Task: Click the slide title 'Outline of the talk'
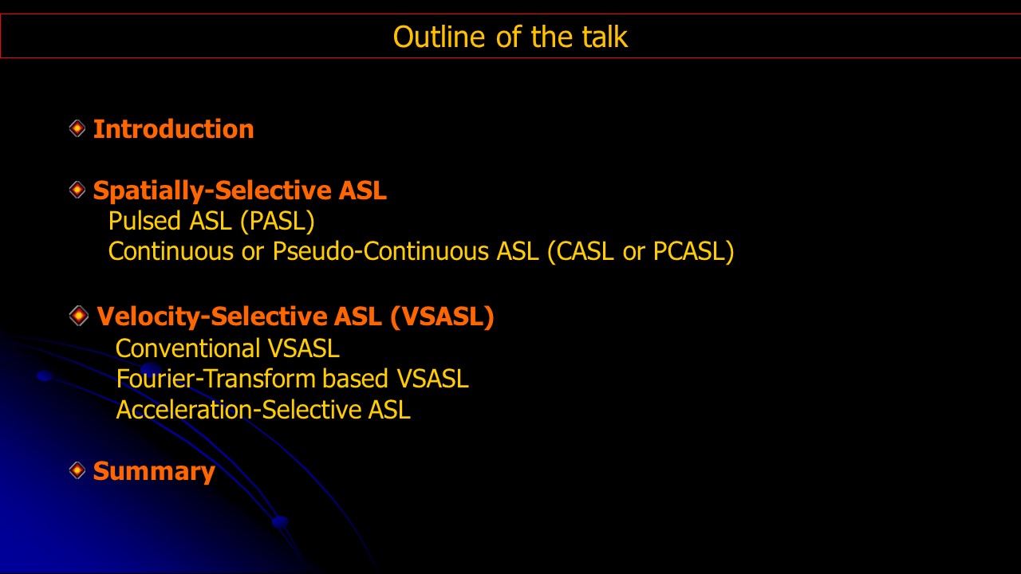tap(510, 37)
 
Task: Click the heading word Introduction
tap(173, 129)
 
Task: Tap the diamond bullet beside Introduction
tap(77, 128)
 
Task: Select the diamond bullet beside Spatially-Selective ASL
tap(77, 190)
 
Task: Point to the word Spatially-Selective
tap(212, 191)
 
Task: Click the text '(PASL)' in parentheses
tap(277, 222)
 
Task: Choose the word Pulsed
tap(144, 221)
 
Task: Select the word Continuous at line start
tap(171, 251)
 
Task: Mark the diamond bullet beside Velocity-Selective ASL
tap(78, 316)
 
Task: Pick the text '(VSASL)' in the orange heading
tap(442, 316)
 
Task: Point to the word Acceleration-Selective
tap(238, 410)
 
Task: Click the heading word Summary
tap(154, 472)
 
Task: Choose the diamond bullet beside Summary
tap(77, 470)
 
